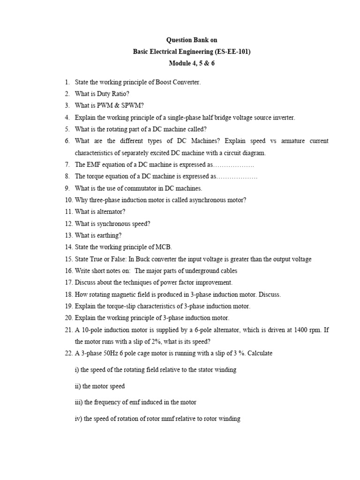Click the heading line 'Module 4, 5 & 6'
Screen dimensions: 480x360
tap(192, 64)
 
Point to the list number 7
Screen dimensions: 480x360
tap(67, 165)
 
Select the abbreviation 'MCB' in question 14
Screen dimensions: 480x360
tap(169, 247)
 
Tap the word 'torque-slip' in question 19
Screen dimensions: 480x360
tap(121, 306)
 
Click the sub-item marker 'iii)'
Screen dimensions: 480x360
tap(79, 402)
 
